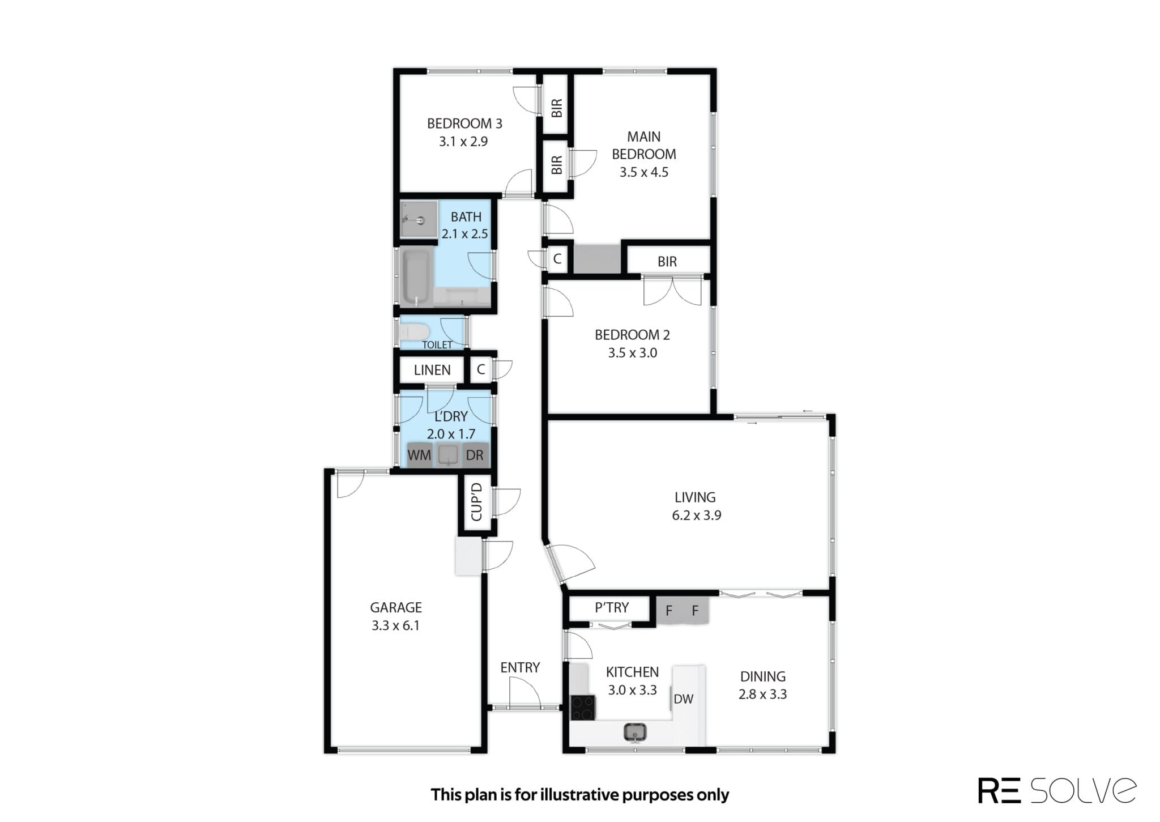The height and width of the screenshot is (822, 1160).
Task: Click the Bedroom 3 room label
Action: pyautogui.click(x=464, y=123)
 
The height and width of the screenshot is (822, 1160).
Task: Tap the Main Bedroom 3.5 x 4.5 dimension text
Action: pyautogui.click(x=643, y=172)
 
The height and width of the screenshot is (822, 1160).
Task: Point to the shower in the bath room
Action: pyautogui.click(x=419, y=219)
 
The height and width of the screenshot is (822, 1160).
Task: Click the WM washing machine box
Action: pyautogui.click(x=419, y=455)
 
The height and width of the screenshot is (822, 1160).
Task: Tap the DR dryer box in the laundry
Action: pyautogui.click(x=475, y=455)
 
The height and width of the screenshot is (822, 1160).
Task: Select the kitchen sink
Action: pyautogui.click(x=636, y=732)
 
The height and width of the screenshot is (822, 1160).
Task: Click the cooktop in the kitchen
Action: pyautogui.click(x=583, y=708)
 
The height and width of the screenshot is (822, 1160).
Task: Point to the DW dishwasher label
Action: pyautogui.click(x=683, y=699)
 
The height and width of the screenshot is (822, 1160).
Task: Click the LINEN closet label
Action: pyautogui.click(x=432, y=370)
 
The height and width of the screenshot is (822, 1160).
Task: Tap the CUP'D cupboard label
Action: pyautogui.click(x=476, y=502)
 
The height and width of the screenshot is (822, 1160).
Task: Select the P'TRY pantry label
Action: pyautogui.click(x=612, y=608)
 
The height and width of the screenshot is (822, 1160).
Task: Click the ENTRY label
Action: pyautogui.click(x=520, y=667)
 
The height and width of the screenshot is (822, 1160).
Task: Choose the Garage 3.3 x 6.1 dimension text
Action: pyautogui.click(x=395, y=626)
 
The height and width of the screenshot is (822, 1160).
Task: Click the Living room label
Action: pyautogui.click(x=695, y=497)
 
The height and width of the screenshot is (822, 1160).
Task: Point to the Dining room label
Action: pyautogui.click(x=762, y=676)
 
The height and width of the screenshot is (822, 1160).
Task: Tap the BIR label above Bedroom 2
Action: pyautogui.click(x=667, y=262)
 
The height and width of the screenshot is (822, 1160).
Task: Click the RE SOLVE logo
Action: pyautogui.click(x=1057, y=790)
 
